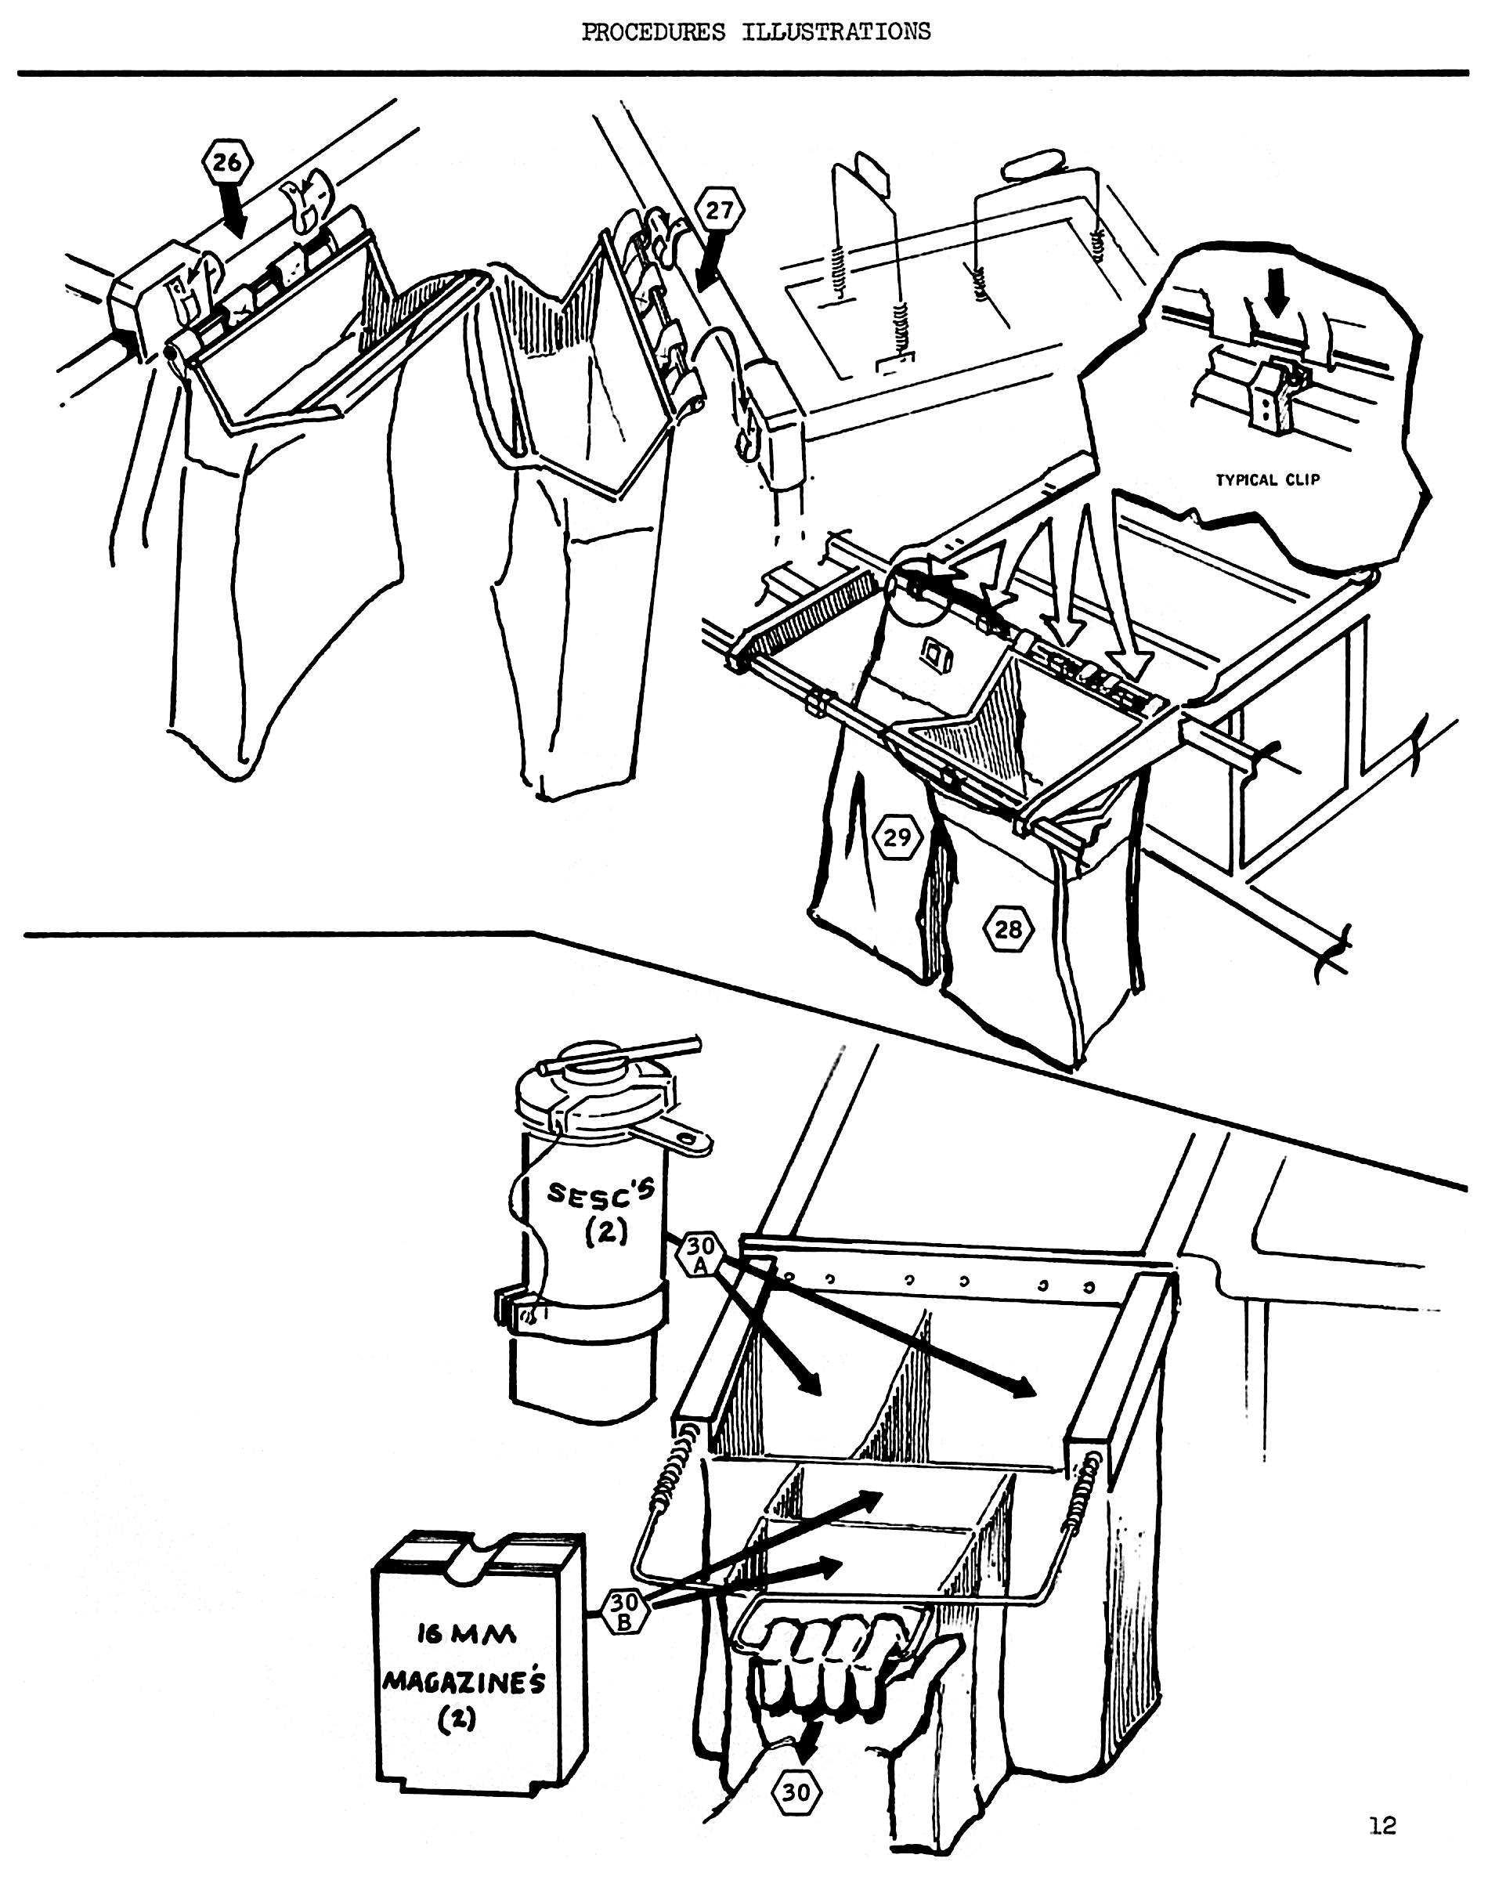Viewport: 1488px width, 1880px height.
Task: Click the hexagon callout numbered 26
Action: (228, 162)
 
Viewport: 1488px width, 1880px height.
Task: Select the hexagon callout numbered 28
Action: (1008, 930)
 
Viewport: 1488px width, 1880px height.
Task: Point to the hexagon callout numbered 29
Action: (897, 837)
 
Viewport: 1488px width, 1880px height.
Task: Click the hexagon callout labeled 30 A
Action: (701, 1254)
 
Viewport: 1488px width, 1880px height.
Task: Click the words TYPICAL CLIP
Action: (1269, 479)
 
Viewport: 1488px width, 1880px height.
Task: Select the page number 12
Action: (1382, 1823)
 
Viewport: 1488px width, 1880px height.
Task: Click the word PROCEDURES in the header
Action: (653, 32)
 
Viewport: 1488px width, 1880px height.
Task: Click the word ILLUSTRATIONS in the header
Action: (836, 32)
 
